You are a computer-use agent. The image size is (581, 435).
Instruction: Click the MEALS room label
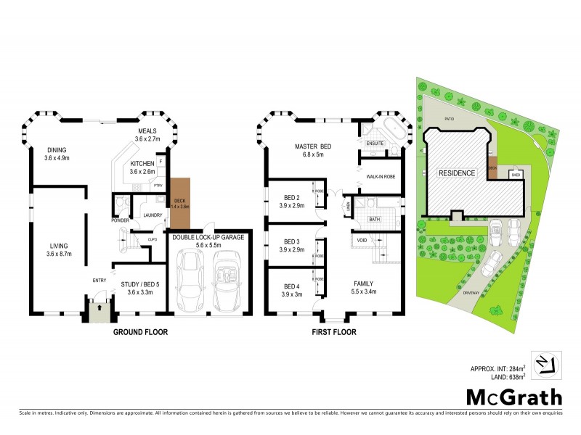(x=147, y=130)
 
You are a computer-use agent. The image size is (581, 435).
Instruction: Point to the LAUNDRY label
(x=152, y=215)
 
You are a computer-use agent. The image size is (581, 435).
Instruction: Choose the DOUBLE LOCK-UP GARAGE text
(x=208, y=237)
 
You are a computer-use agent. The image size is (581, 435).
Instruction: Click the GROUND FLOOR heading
(x=141, y=333)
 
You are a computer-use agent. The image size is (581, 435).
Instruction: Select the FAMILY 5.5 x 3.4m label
(x=363, y=288)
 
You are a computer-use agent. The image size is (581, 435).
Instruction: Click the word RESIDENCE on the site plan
(x=456, y=173)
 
